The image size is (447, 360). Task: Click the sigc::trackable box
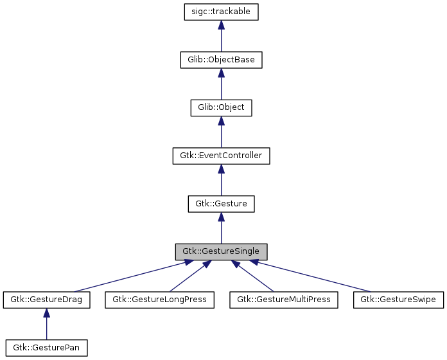221,12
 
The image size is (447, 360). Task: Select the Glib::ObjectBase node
221,60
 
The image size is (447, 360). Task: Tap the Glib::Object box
221,107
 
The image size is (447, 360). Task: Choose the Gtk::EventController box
221,156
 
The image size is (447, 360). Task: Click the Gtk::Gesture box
221,204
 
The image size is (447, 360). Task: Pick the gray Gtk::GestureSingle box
221,251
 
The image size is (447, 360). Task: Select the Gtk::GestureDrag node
46,300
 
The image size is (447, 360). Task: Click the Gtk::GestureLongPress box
159,300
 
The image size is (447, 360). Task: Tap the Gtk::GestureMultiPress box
283,300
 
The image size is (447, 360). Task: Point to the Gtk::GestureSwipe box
398,300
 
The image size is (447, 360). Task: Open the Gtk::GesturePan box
46,348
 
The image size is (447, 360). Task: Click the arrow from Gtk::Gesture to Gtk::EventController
221,181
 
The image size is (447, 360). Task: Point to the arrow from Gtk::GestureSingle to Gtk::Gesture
221,229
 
